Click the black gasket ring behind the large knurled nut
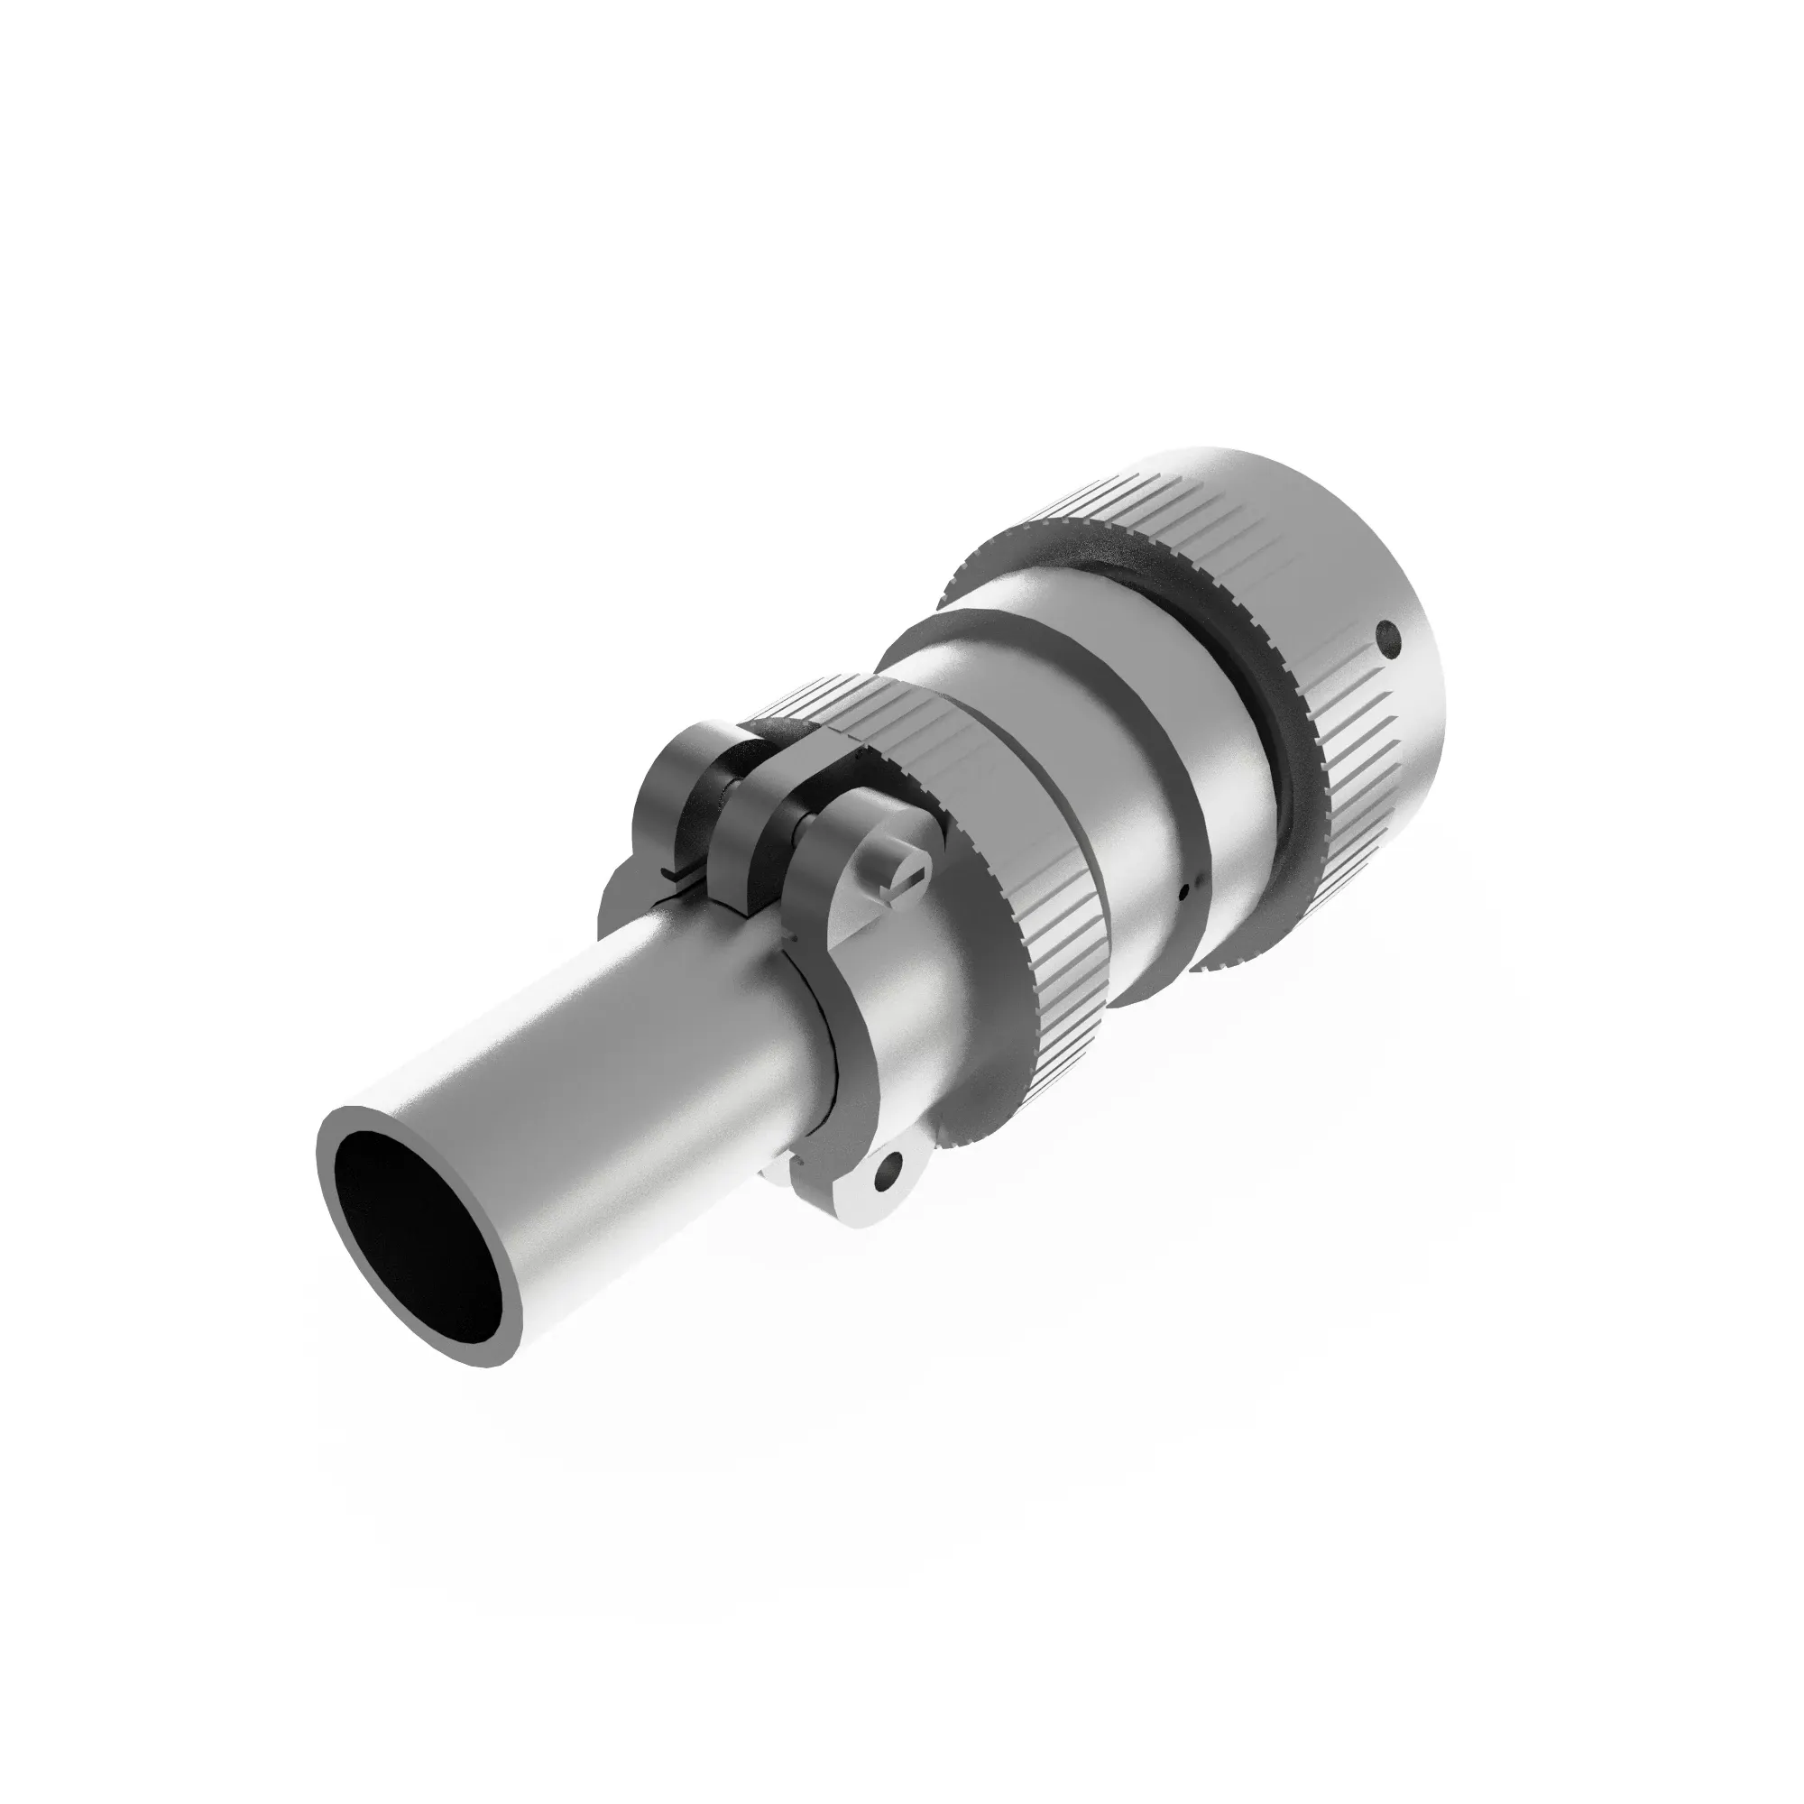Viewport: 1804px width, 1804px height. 1251,644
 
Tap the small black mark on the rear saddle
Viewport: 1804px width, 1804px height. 671,873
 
